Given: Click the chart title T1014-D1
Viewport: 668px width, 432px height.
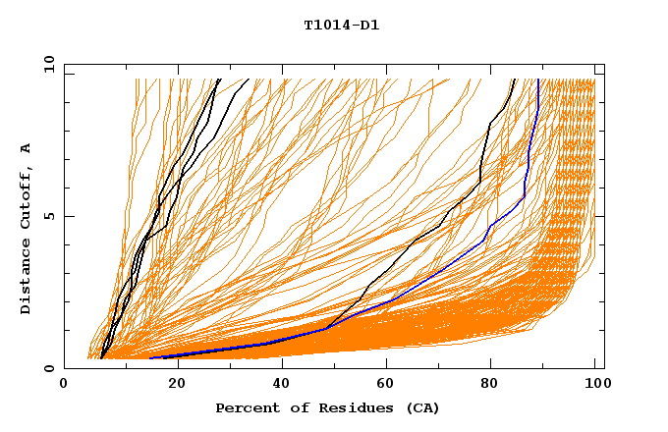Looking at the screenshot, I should (x=341, y=26).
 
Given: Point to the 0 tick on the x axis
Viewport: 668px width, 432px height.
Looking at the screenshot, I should (x=64, y=385).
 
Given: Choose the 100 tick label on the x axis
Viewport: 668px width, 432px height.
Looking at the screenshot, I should (x=595, y=385).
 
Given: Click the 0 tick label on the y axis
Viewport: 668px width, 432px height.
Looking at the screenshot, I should (x=47, y=369).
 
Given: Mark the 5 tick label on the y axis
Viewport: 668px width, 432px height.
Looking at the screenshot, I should (x=47, y=216).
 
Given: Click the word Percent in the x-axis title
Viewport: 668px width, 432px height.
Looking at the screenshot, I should (x=247, y=407).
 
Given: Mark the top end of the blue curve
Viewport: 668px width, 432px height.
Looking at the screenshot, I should (x=538, y=81).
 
